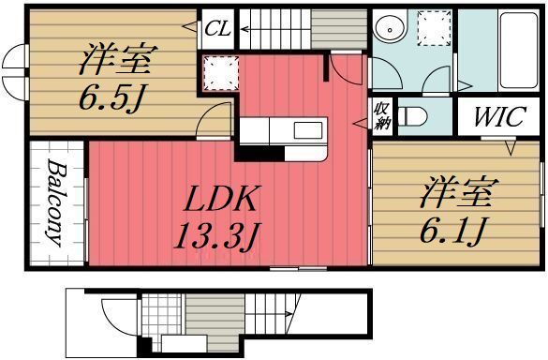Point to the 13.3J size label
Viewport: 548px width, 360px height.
216,235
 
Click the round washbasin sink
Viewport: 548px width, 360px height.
388,30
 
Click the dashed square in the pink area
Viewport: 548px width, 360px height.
219,70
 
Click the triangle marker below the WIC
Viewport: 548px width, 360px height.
511,148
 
